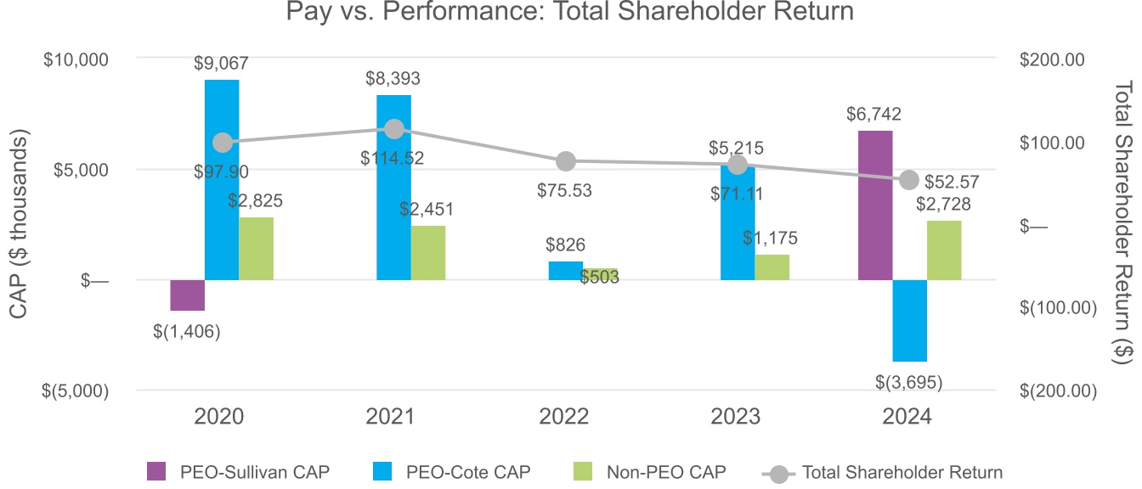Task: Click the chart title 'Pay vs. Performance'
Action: coord(569,13)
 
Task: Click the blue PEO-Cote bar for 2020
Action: coord(222,179)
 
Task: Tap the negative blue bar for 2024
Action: coord(909,320)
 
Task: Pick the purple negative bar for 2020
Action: coord(188,295)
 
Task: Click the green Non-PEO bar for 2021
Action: coord(427,252)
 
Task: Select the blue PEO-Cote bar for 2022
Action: coord(565,271)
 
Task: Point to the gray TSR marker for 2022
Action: coord(566,161)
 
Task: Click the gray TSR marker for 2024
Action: coord(909,179)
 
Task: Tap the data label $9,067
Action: coord(222,63)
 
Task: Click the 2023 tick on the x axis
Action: coord(737,417)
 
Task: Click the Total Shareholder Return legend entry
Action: coord(884,473)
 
